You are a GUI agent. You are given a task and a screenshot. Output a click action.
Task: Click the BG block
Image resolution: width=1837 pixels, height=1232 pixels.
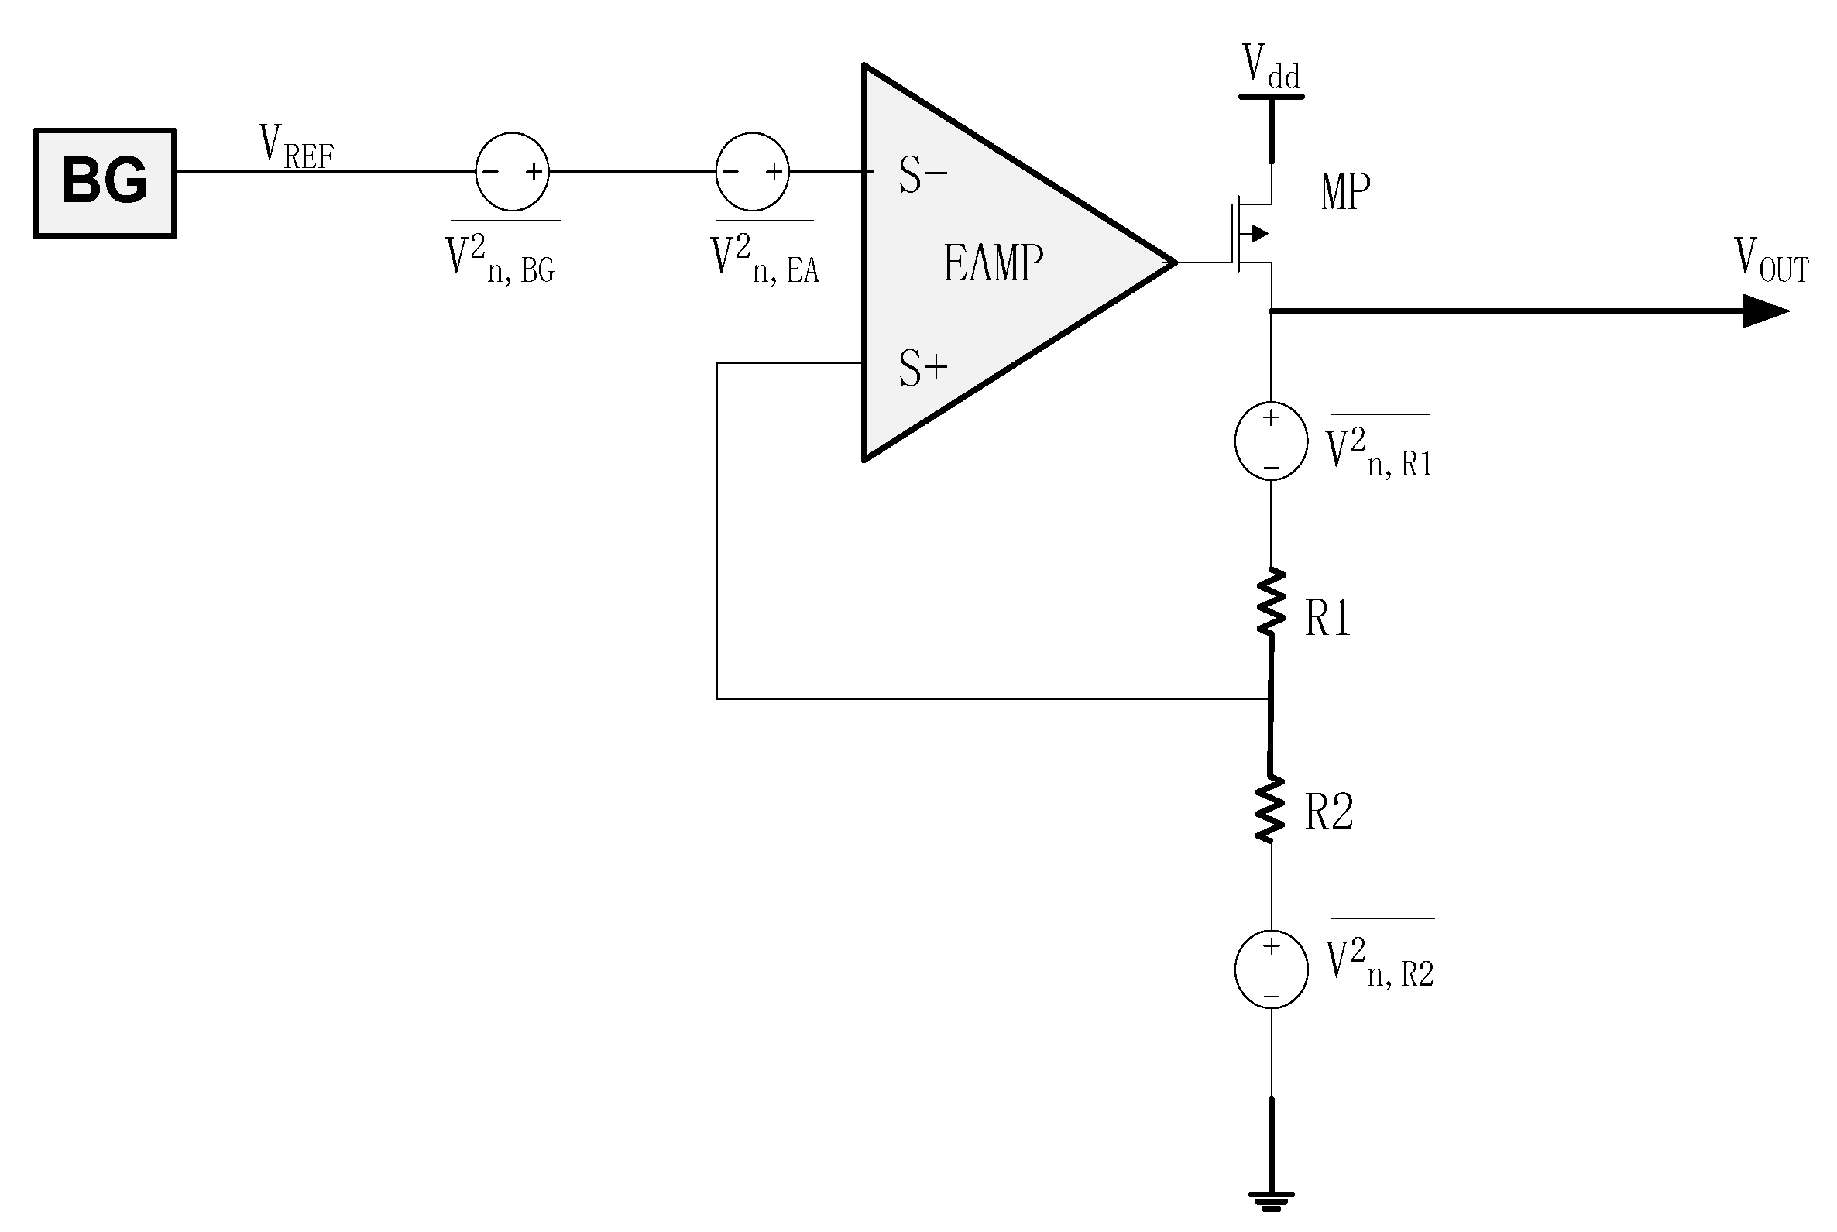105,182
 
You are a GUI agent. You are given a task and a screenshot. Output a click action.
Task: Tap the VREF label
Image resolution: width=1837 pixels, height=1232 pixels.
296,147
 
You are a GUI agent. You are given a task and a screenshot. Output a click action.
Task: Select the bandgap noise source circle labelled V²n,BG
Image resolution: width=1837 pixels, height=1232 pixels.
511,171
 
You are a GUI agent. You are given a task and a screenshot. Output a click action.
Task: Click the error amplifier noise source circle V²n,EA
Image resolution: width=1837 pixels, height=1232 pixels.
752,171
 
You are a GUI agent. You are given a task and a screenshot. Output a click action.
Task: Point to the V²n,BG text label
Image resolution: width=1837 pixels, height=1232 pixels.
501,259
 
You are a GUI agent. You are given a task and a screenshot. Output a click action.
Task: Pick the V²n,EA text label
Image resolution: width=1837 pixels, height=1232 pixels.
764,259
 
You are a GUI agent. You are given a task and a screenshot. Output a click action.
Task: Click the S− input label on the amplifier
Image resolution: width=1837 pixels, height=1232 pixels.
922,174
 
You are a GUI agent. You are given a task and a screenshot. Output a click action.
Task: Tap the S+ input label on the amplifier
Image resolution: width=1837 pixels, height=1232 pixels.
922,368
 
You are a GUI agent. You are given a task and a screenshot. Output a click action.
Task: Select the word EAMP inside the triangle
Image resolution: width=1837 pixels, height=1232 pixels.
993,263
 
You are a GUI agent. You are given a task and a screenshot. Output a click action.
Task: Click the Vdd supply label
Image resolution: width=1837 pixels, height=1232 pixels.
1271,67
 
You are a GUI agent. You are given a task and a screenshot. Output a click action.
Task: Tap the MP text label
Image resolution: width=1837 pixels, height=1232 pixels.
1345,192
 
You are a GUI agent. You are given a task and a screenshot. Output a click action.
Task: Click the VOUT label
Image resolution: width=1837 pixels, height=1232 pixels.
1771,259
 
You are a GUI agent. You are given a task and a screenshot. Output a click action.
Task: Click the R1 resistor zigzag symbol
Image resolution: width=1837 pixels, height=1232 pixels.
1271,602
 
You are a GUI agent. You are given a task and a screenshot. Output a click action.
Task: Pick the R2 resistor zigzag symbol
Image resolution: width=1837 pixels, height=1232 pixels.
1271,809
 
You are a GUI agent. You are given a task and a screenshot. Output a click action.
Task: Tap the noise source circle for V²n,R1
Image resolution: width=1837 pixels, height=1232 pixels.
1271,441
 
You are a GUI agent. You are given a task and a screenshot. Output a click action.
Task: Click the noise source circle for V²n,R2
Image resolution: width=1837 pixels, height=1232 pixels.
1271,969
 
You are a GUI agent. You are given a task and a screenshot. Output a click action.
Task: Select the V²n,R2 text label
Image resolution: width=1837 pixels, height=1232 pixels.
1379,963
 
